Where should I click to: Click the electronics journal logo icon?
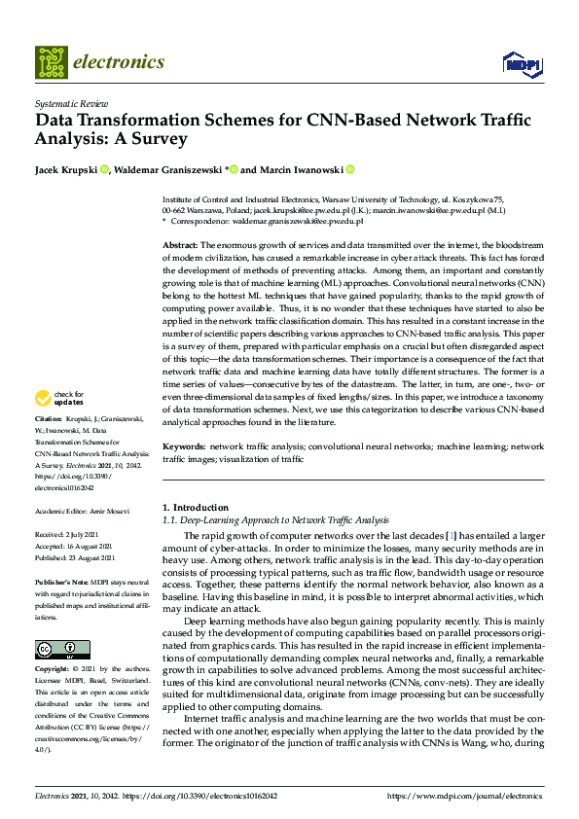pos(52,62)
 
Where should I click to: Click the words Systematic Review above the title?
pos(71,101)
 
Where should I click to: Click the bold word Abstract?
pos(180,244)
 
